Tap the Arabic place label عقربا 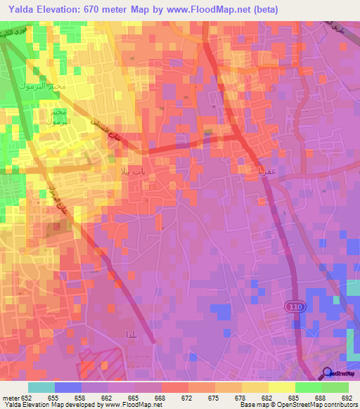(x=250, y=169)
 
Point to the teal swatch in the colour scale (x=41, y=387)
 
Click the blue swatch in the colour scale (x=68, y=387)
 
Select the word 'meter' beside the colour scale (x=10, y=398)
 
